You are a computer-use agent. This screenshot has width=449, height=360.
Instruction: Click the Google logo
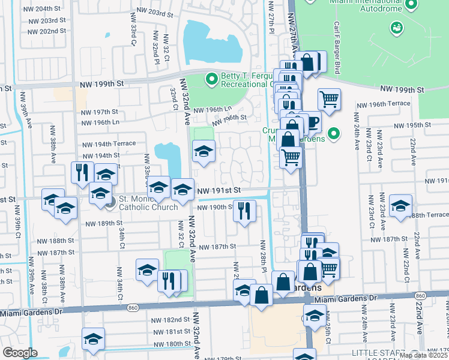pos(20,352)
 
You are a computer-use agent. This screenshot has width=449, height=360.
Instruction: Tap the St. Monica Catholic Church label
pos(148,202)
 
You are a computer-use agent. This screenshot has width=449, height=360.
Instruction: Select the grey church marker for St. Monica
pos(110,203)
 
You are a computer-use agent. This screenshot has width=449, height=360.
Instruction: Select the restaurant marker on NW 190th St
pos(244,210)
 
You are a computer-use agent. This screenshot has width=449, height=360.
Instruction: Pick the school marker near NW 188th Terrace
pos(400,205)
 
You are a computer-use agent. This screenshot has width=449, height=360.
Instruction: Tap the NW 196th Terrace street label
pos(383,104)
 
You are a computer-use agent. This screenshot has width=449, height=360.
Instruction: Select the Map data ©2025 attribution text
pos(423,355)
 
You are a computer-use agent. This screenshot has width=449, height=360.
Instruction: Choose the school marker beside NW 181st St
pos(94,338)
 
